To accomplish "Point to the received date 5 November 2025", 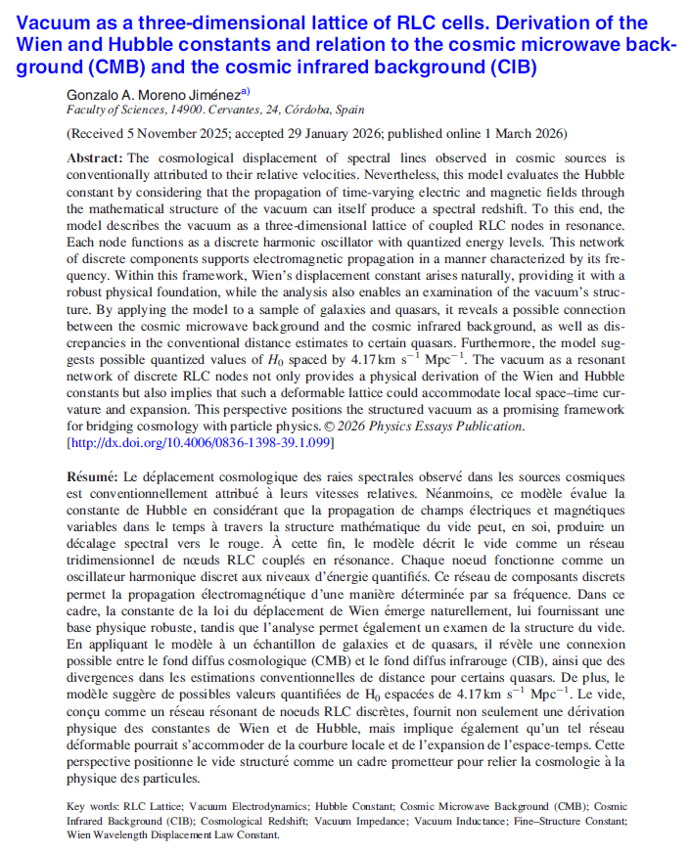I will [x=174, y=133].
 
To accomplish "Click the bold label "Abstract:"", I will [x=95, y=157].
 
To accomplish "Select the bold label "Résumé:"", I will [x=91, y=476].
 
